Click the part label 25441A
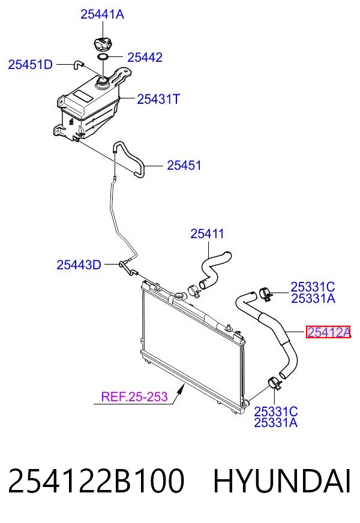pos(102,14)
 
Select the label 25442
pos(145,57)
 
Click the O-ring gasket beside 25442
pos(103,57)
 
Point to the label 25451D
pos(31,64)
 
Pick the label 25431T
pos(158,99)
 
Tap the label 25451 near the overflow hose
pos(184,165)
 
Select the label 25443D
pos(79,265)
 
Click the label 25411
pos(207,233)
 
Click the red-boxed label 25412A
pos(328,332)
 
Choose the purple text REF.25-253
pos(134,396)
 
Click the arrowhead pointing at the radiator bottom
pos(181,389)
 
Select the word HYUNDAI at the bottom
pos(282,480)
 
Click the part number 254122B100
pos(96,480)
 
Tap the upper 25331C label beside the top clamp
pos(313,287)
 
